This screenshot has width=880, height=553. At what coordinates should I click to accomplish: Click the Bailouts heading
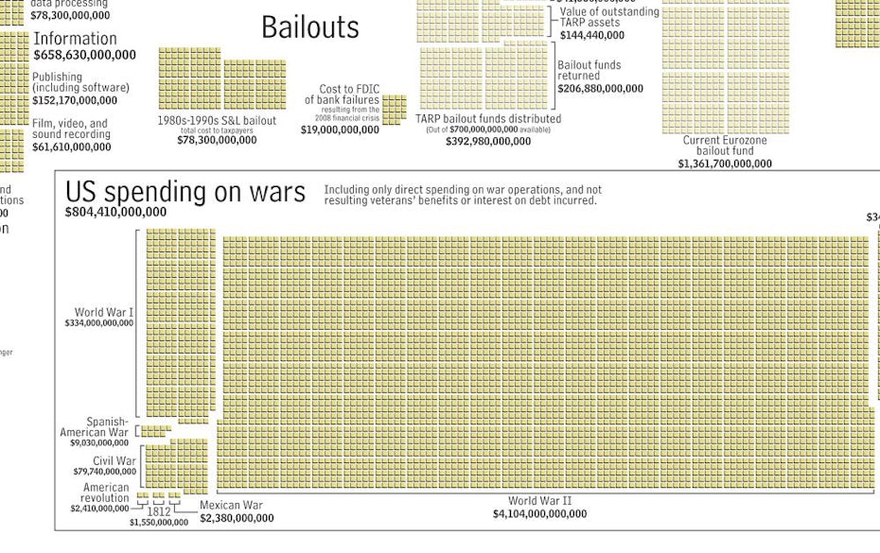[310, 27]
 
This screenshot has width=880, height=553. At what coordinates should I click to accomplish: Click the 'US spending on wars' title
[185, 192]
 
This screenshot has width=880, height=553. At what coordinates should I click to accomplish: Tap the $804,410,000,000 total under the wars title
[115, 213]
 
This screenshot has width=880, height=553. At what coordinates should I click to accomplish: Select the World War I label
[104, 312]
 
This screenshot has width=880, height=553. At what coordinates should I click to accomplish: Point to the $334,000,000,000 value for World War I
[99, 323]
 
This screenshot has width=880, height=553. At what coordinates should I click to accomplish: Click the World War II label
[539, 501]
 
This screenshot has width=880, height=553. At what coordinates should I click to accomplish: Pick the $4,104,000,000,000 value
[539, 514]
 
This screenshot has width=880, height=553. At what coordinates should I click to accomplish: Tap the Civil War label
[114, 460]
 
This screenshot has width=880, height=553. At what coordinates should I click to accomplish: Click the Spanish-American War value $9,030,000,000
[99, 442]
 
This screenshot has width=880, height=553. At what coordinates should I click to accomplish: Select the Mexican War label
[231, 505]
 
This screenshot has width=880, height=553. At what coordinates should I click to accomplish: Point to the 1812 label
[159, 511]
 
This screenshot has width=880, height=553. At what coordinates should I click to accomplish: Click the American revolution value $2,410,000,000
[99, 509]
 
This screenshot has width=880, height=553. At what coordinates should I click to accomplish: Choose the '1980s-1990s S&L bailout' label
[217, 121]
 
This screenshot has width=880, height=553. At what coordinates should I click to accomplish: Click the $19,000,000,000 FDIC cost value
[340, 130]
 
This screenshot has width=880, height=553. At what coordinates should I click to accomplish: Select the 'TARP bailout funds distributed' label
[488, 119]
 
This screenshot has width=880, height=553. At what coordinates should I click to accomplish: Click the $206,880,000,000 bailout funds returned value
[600, 89]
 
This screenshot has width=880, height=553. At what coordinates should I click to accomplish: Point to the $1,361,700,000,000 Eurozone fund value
[725, 164]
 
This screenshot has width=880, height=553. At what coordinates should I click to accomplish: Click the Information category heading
[75, 39]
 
